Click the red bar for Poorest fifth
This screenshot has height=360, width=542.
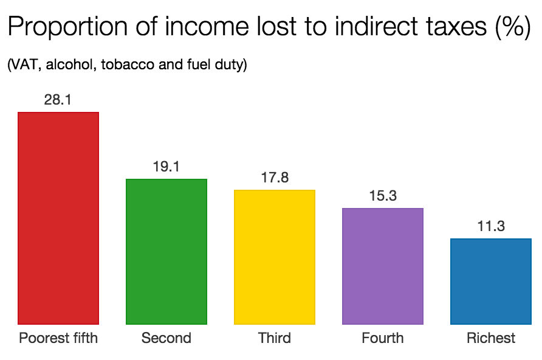(x=58, y=218)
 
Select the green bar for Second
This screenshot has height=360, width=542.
(x=166, y=252)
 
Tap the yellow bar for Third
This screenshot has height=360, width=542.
(x=275, y=257)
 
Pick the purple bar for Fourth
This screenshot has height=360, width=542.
(x=383, y=266)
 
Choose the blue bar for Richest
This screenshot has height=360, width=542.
(x=491, y=282)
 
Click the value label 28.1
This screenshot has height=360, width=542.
(x=58, y=100)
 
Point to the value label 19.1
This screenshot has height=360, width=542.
(x=166, y=167)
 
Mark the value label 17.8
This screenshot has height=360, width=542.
(x=275, y=178)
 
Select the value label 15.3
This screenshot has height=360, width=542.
(x=383, y=196)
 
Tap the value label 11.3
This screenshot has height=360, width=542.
(x=491, y=226)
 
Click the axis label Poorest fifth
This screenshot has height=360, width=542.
(x=58, y=338)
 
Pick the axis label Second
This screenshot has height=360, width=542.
(x=166, y=338)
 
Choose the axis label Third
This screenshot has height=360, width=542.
(x=275, y=338)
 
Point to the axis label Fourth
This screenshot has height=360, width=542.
(x=383, y=338)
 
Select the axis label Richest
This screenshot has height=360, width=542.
(x=491, y=338)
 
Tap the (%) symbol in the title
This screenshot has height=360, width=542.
(x=514, y=28)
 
